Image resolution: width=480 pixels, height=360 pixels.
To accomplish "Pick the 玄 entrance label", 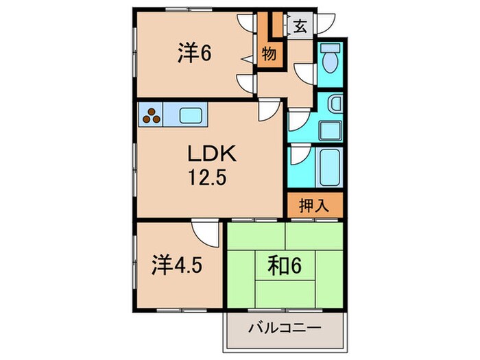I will (x=300, y=27).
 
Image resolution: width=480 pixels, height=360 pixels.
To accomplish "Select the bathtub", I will (x=330, y=165).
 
